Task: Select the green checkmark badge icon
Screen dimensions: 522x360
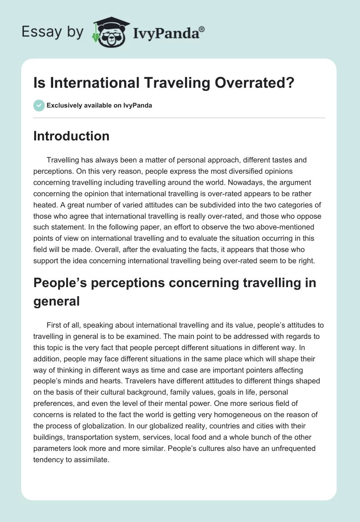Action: (x=39, y=105)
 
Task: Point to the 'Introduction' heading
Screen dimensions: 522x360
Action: (x=71, y=136)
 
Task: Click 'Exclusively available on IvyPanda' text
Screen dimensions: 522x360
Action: (x=99, y=105)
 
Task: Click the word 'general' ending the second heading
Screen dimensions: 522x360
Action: (x=56, y=301)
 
